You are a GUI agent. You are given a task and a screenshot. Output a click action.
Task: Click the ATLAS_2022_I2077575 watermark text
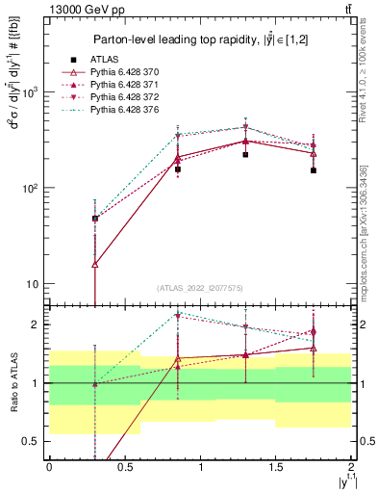point(199,288)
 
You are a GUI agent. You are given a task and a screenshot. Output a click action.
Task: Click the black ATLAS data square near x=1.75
point(314,170)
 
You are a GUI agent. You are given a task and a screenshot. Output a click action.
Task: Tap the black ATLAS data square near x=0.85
point(178,169)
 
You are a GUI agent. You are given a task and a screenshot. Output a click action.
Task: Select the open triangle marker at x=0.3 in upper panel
point(94,264)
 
